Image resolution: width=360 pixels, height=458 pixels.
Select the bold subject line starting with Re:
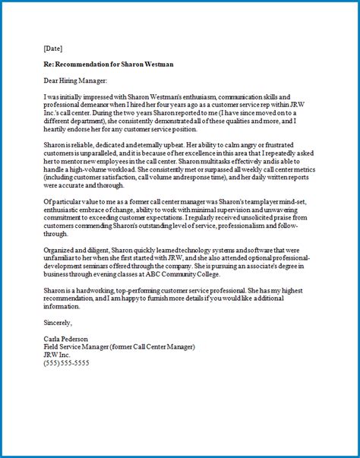click(x=109, y=65)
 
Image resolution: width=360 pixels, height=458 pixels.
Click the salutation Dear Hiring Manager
click(x=76, y=81)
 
